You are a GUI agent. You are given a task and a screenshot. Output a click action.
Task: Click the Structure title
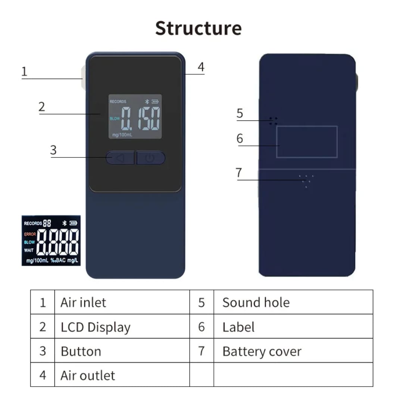pyautogui.click(x=199, y=28)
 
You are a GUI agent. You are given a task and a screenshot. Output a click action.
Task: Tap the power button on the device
pyautogui.click(x=151, y=158)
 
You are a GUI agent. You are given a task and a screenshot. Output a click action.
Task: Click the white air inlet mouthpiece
pyautogui.click(x=84, y=78)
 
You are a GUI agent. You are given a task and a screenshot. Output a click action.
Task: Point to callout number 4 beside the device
pyautogui.click(x=201, y=67)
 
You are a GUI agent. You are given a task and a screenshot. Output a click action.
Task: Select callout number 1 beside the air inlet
pyautogui.click(x=24, y=71)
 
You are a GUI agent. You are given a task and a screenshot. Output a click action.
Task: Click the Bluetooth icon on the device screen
pyautogui.click(x=147, y=101)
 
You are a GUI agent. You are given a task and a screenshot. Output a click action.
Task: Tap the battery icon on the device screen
pyautogui.click(x=155, y=101)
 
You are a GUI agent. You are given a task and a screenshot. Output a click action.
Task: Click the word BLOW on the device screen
pyautogui.click(x=115, y=119)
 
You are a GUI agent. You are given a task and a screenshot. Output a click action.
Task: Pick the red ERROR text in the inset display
pyautogui.click(x=30, y=234)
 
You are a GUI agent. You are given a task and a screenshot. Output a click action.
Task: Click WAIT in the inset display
pyautogui.click(x=29, y=250)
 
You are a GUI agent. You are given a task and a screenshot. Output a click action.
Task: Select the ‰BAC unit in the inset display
pyautogui.click(x=58, y=260)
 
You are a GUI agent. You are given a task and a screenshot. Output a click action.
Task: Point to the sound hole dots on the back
pyautogui.click(x=273, y=121)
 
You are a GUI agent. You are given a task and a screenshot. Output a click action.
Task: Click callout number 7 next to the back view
pyautogui.click(x=239, y=172)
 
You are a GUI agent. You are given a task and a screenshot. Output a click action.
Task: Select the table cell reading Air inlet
pyautogui.click(x=122, y=302)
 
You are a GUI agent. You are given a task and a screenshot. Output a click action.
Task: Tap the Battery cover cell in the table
pyautogui.click(x=293, y=350)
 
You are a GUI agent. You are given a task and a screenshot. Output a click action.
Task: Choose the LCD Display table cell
pyautogui.click(x=122, y=327)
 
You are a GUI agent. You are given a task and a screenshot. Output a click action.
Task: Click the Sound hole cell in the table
pyautogui.click(x=293, y=302)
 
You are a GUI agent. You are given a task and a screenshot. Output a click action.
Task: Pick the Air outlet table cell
pyautogui.click(x=122, y=375)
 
